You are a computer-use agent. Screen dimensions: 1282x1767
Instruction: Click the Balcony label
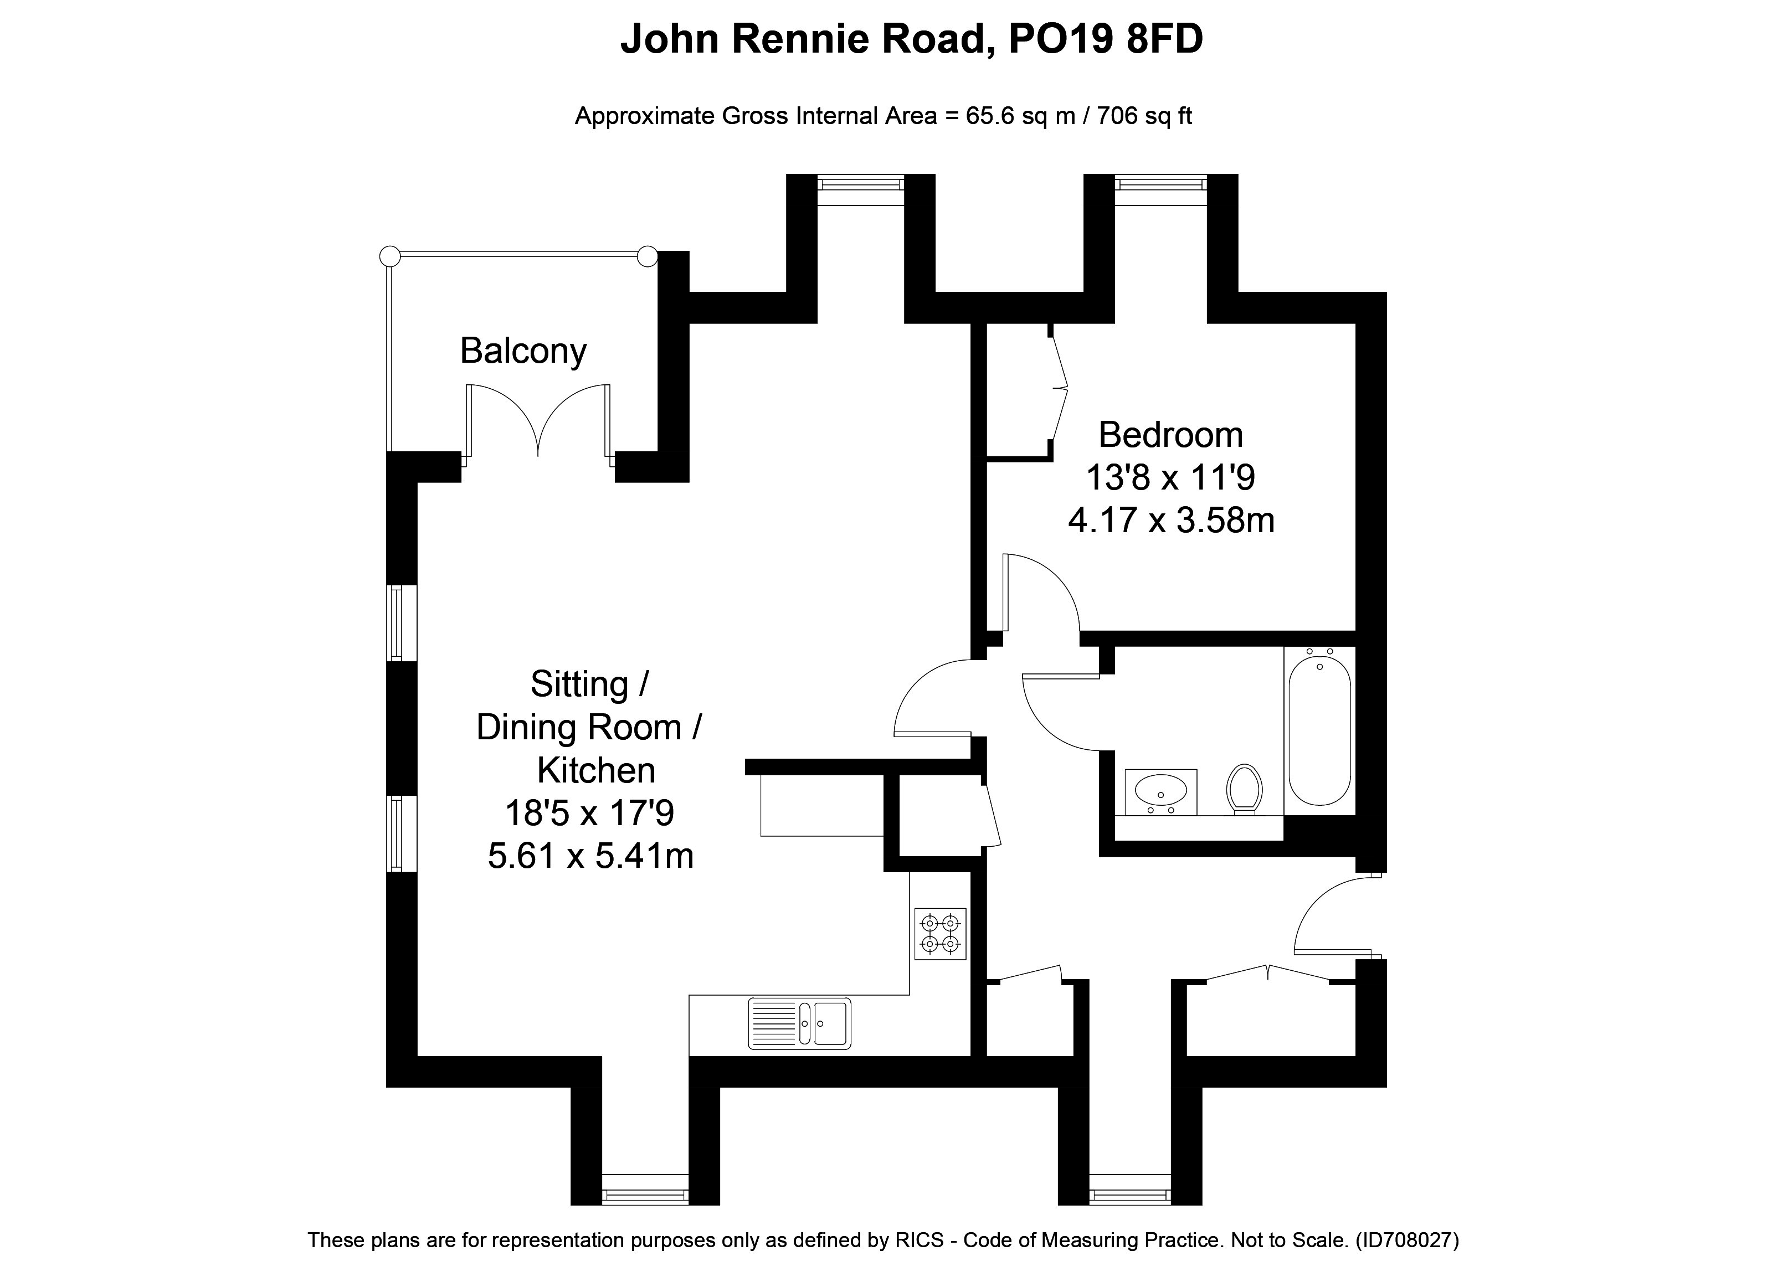(x=523, y=351)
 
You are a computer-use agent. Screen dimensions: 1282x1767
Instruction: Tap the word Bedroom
(x=1170, y=435)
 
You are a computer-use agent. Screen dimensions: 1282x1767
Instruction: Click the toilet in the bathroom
(x=1244, y=787)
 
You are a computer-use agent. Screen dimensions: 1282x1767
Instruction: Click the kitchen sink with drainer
(x=799, y=1023)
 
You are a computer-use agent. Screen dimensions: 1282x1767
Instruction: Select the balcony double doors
(x=538, y=420)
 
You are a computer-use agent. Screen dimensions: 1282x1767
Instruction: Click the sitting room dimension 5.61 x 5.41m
(x=590, y=856)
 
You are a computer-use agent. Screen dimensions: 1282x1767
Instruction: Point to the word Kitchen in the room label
(x=596, y=771)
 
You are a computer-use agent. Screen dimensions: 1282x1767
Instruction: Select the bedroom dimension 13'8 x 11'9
(x=1170, y=477)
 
